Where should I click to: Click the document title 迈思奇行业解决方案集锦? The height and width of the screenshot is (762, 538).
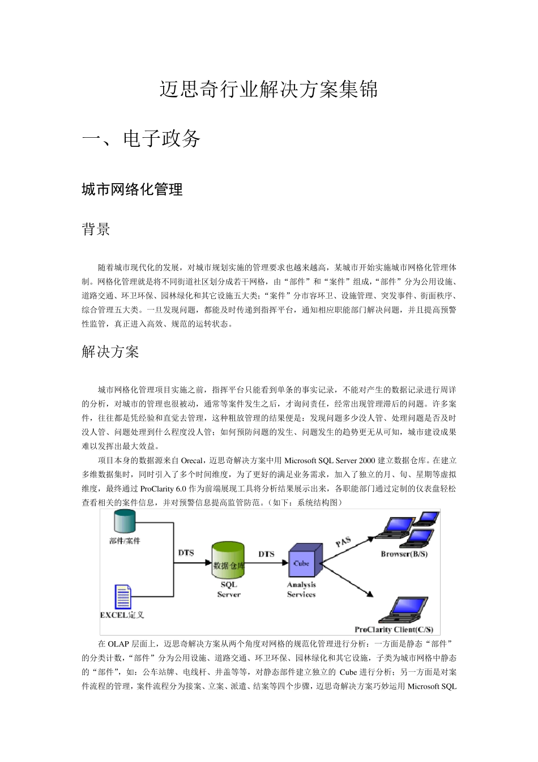tap(268, 90)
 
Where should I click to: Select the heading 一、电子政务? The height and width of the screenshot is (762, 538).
tap(141, 139)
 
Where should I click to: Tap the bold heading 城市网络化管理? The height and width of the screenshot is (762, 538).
tap(132, 190)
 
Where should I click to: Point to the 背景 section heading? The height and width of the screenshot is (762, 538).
tap(96, 230)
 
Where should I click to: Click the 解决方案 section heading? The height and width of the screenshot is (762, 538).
tap(110, 352)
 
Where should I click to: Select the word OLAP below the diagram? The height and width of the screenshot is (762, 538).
tap(118, 644)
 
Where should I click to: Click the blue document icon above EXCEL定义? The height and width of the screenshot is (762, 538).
tap(123, 596)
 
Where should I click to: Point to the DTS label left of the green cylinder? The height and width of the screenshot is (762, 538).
tap(186, 553)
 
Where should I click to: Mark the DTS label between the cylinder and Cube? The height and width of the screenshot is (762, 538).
tap(266, 554)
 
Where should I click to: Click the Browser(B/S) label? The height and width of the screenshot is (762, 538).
tap(404, 554)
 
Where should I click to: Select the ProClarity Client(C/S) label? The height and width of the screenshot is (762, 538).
tap(394, 629)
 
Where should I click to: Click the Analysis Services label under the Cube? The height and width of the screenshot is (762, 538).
tap(301, 590)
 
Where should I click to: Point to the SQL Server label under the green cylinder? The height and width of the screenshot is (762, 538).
tap(229, 590)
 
